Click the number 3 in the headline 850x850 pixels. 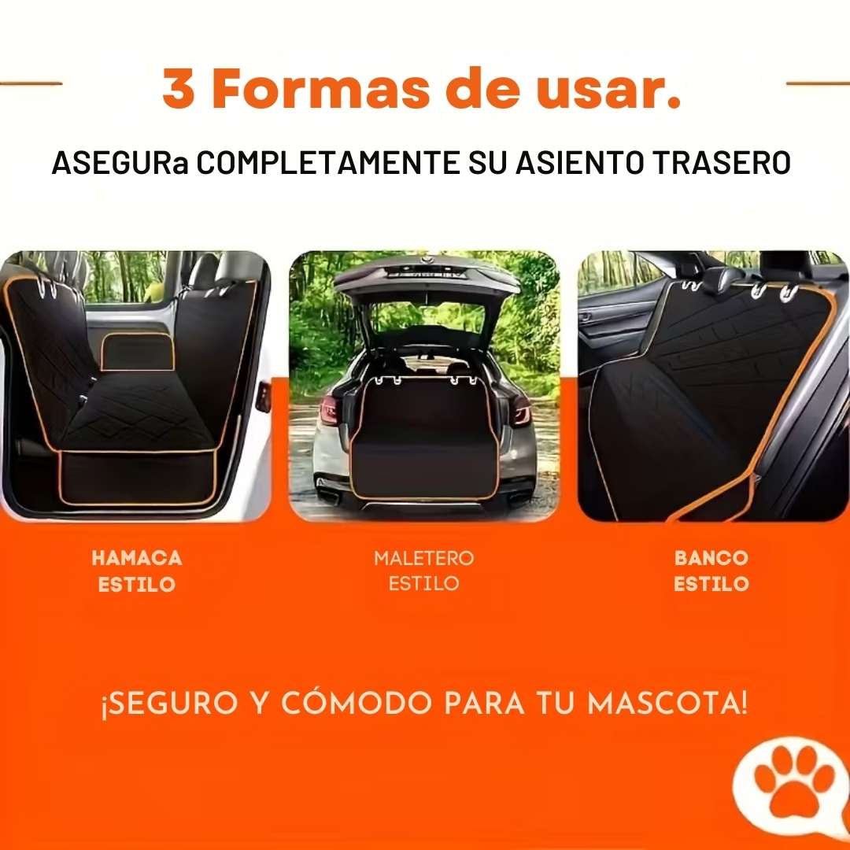click(x=180, y=89)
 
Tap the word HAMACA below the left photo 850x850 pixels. click(x=137, y=558)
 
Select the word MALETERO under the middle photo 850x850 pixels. click(x=424, y=558)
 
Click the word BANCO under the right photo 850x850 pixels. click(x=711, y=558)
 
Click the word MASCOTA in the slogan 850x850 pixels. click(x=667, y=703)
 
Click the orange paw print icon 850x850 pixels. click(x=793, y=782)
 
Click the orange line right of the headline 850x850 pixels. click(x=819, y=83)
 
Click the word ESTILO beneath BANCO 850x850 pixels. click(x=711, y=584)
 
